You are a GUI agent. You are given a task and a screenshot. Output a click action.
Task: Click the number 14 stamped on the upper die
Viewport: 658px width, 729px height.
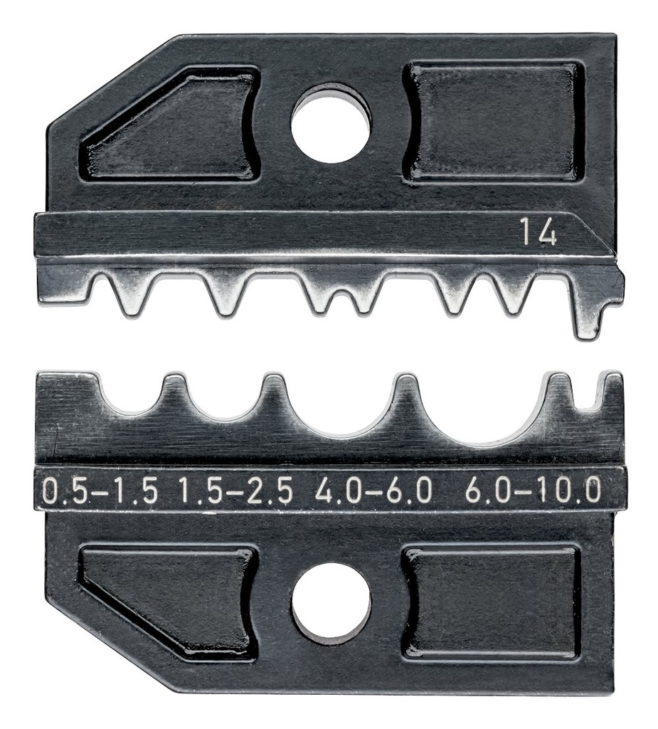pos(537,233)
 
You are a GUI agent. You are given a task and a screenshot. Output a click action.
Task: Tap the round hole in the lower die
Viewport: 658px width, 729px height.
pos(331,604)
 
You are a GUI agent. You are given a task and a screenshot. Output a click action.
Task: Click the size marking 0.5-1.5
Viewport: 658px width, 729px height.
pos(100,491)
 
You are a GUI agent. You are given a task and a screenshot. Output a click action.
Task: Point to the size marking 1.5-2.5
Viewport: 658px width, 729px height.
pos(235,491)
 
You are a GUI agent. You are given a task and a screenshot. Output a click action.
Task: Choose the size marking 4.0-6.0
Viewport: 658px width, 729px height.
pos(373,491)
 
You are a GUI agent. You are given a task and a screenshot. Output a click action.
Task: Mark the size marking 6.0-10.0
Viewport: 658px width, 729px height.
pos(533,491)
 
